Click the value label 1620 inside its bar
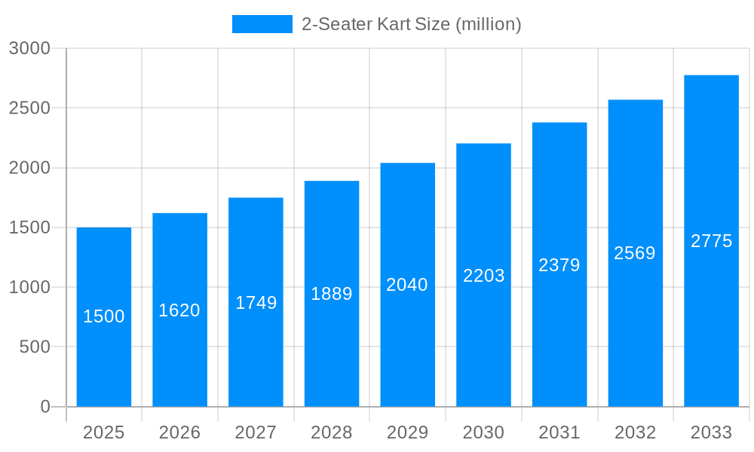[179, 310]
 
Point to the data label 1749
[256, 303]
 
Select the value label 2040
[407, 285]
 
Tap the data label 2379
[559, 265]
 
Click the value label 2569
[635, 253]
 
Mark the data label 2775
[712, 241]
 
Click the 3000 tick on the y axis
[29, 48]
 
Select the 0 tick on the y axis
[44, 407]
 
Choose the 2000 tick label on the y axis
[29, 168]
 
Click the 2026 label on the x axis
[179, 432]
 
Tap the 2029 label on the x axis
[407, 432]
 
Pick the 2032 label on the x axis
[635, 432]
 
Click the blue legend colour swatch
[262, 24]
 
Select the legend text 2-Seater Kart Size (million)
[411, 24]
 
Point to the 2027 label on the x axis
[256, 432]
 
